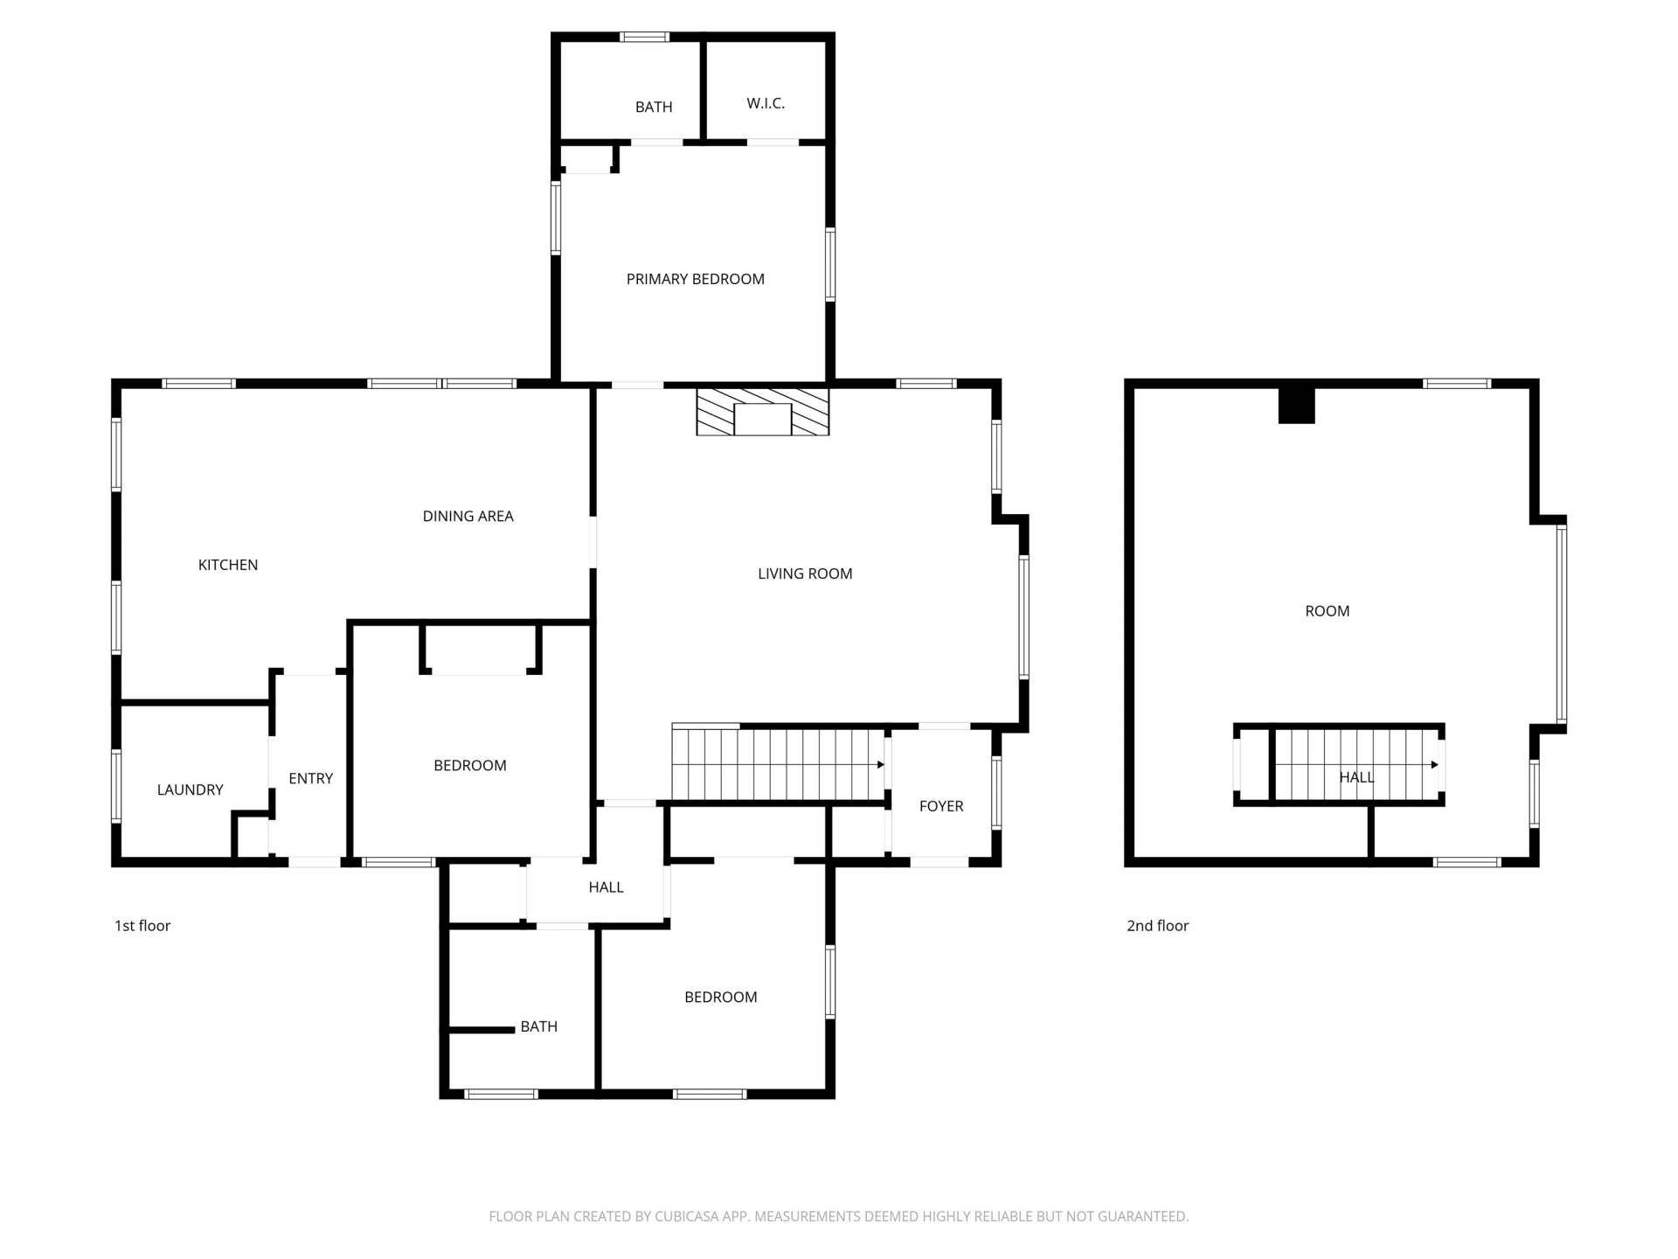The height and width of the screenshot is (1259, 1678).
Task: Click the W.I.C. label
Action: (766, 103)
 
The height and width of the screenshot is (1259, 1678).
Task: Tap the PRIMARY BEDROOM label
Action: (696, 279)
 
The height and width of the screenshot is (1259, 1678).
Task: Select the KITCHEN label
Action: (228, 565)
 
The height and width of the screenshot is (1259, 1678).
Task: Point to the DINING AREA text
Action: (468, 516)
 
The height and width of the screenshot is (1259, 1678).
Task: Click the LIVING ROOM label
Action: (805, 574)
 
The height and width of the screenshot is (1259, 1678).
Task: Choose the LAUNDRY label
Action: (191, 789)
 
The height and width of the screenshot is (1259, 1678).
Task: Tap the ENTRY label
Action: (311, 778)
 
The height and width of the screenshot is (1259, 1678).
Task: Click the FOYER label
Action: (941, 806)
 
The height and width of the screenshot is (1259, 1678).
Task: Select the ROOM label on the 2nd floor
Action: (1328, 611)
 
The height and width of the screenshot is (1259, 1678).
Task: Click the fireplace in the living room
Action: (762, 412)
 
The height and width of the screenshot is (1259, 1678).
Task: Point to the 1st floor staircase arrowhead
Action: (881, 765)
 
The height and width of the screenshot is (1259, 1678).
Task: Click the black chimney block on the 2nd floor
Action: (1297, 406)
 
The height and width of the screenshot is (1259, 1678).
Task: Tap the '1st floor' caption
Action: (142, 926)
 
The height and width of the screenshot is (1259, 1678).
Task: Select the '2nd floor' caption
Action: (1158, 926)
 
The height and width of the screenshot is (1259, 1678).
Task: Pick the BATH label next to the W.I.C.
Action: (654, 108)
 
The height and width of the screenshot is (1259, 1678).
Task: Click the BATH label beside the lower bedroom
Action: (539, 1026)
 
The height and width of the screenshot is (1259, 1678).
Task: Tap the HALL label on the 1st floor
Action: (606, 887)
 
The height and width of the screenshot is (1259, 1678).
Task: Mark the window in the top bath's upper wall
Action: (645, 37)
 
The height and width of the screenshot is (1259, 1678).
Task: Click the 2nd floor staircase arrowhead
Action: (1434, 765)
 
